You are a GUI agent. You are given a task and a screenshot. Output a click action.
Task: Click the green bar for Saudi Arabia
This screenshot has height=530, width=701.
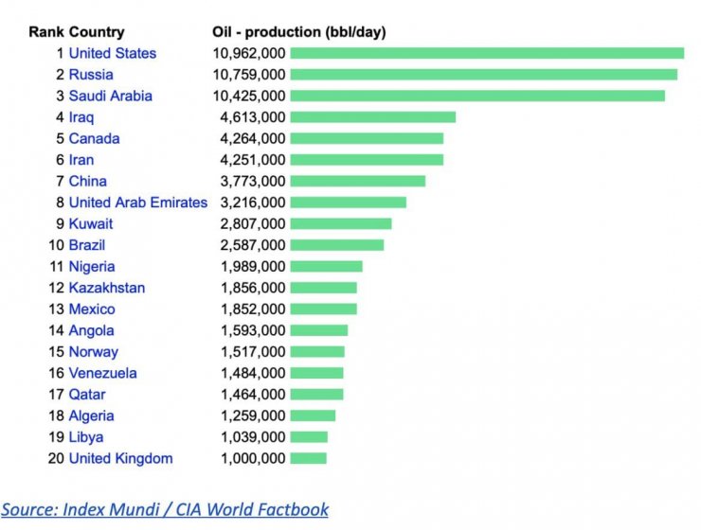tap(477, 96)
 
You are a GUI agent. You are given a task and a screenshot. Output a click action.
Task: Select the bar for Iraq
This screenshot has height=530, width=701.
tap(372, 117)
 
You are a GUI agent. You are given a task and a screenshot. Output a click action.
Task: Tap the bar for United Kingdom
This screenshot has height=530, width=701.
tap(308, 458)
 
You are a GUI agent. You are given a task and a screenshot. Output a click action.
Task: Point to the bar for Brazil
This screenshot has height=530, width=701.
tap(336, 245)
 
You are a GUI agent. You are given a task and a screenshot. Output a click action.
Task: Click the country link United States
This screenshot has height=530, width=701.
tap(112, 53)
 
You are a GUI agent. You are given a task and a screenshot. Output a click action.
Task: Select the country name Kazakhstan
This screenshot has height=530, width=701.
tap(107, 288)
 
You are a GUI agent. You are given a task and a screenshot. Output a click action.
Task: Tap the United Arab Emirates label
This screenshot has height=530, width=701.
tap(137, 203)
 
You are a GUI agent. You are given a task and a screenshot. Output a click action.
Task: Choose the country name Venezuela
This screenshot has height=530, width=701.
tap(102, 373)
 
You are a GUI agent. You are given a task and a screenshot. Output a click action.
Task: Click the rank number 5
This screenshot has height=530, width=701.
tap(60, 138)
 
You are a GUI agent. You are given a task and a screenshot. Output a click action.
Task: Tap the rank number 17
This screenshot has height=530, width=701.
tap(56, 394)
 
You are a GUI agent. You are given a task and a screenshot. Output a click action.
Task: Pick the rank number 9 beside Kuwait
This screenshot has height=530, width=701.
tap(60, 223)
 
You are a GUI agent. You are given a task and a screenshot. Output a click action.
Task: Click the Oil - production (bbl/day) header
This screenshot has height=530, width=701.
tap(298, 31)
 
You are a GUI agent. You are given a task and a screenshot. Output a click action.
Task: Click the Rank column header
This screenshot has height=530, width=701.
tap(45, 31)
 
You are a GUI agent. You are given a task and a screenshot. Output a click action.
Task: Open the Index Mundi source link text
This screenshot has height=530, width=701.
tap(165, 509)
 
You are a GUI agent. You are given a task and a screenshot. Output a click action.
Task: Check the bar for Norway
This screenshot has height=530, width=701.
tap(317, 351)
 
